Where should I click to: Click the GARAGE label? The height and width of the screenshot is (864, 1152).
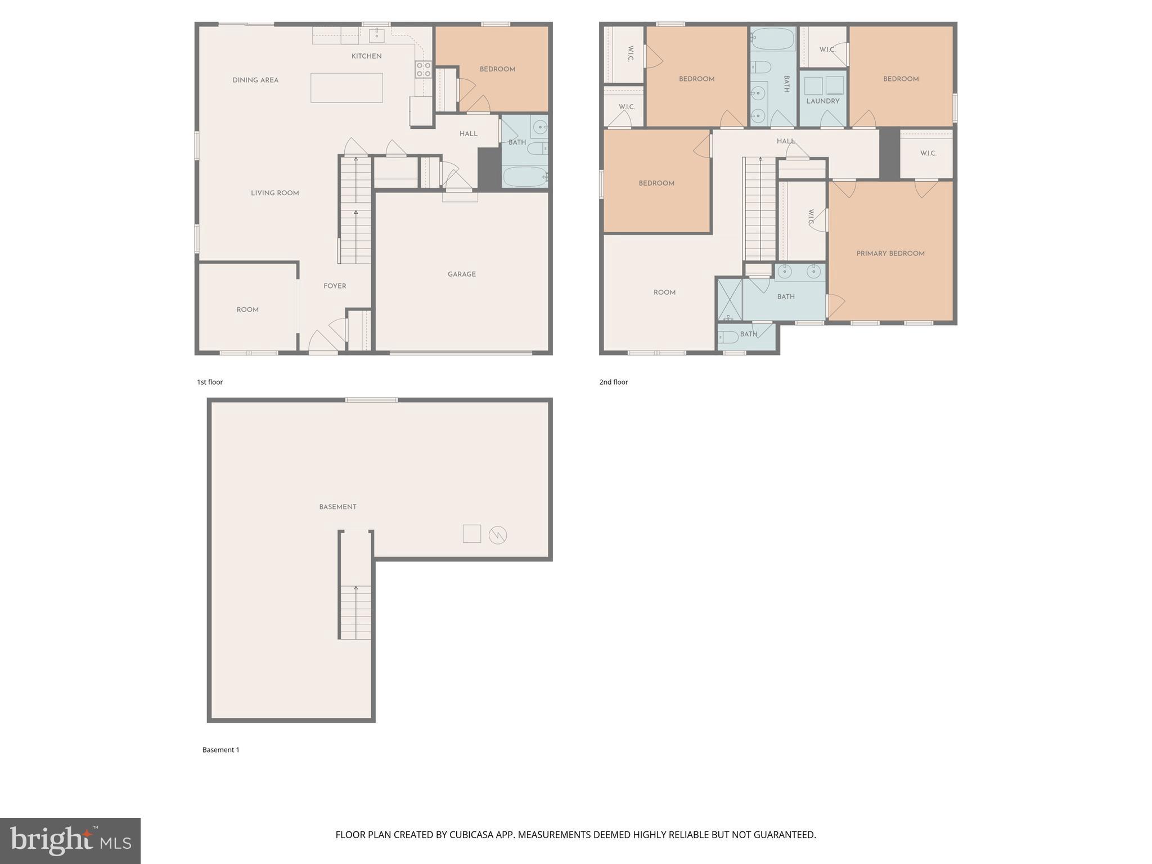point(461,274)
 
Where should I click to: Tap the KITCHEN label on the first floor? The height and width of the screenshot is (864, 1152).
point(366,56)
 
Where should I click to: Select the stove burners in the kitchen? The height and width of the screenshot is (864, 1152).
point(423,70)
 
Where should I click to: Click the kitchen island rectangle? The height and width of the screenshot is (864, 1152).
point(346,88)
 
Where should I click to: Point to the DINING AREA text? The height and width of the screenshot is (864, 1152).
point(255,80)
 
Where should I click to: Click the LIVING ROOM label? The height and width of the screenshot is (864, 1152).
point(274,193)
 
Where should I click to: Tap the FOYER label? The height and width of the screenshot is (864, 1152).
point(334,286)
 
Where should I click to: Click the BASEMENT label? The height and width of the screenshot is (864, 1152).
point(337,507)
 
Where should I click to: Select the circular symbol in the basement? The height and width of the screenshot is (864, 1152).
point(498,534)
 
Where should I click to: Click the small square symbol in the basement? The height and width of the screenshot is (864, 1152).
point(471,534)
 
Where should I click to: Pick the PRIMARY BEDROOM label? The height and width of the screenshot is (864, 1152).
point(890,254)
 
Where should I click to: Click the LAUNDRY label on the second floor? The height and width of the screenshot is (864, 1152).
point(822,101)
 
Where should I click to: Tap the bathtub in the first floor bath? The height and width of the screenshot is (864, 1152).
point(524,177)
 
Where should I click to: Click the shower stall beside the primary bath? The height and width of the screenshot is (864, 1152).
point(729,299)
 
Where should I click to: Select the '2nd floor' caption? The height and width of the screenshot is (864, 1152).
point(613,382)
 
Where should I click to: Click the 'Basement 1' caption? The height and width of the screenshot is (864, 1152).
point(220,750)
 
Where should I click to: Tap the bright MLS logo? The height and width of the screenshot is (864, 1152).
point(70,840)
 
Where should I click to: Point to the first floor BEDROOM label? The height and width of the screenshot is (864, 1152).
point(497,70)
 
